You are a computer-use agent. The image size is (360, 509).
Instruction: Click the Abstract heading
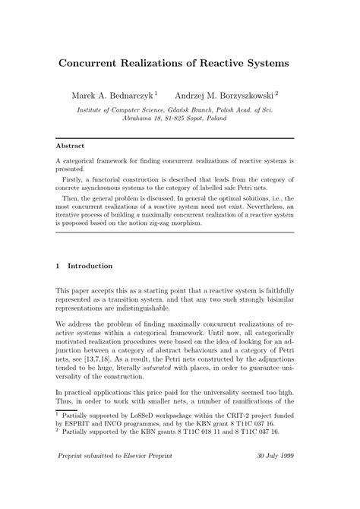71,144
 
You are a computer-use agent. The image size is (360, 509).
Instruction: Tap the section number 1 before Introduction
58,267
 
